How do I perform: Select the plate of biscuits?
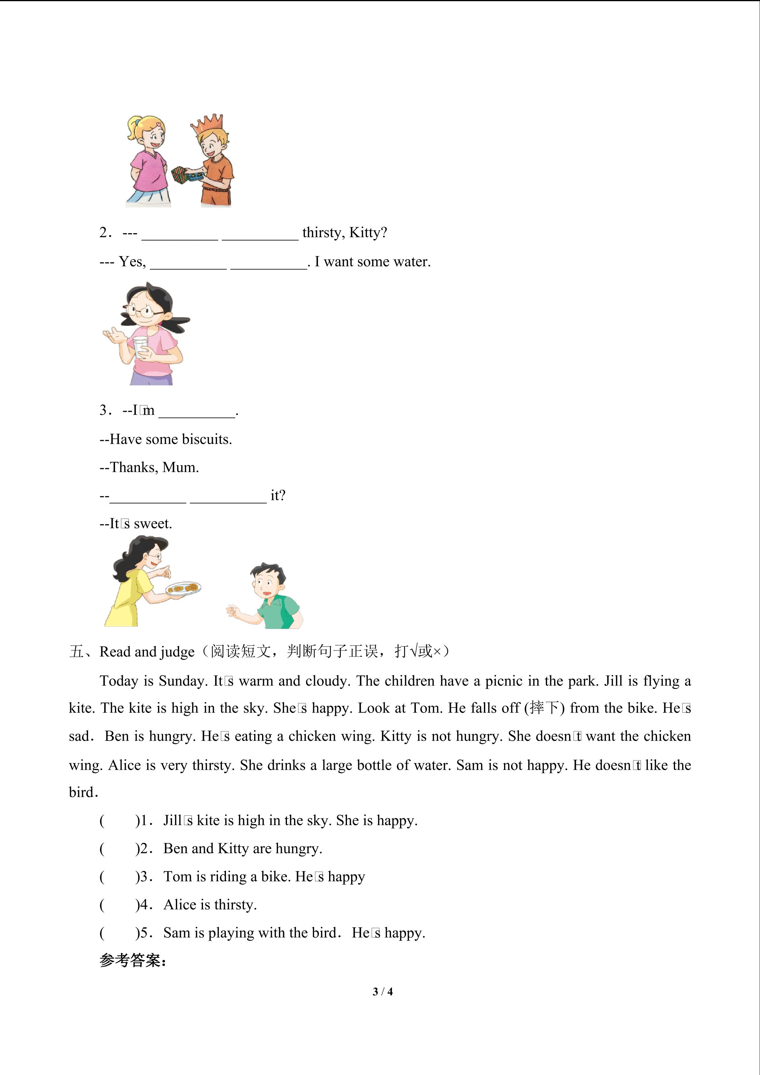184,588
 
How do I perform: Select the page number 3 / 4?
382,991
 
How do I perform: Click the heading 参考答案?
132,961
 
